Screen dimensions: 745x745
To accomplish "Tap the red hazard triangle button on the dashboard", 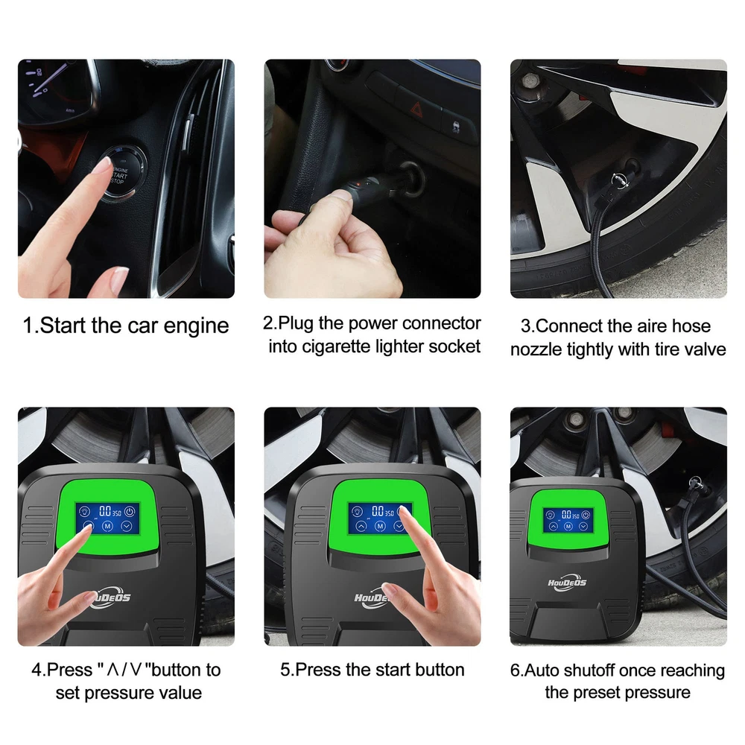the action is [x=416, y=110].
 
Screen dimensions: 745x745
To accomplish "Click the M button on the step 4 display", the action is [x=107, y=526].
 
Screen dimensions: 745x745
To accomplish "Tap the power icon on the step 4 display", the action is [x=129, y=512].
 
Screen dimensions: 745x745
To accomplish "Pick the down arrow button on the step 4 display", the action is [x=127, y=526].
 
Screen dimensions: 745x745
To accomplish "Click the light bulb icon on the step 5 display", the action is [x=357, y=512].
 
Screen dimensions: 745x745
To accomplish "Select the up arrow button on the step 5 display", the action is [x=361, y=526].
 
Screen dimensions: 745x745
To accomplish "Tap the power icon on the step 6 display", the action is [x=586, y=515].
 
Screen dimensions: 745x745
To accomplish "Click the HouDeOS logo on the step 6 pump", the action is [x=567, y=583].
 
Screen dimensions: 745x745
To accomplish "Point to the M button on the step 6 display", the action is [x=568, y=526].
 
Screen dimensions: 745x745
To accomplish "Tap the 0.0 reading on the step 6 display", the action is [x=566, y=515].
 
